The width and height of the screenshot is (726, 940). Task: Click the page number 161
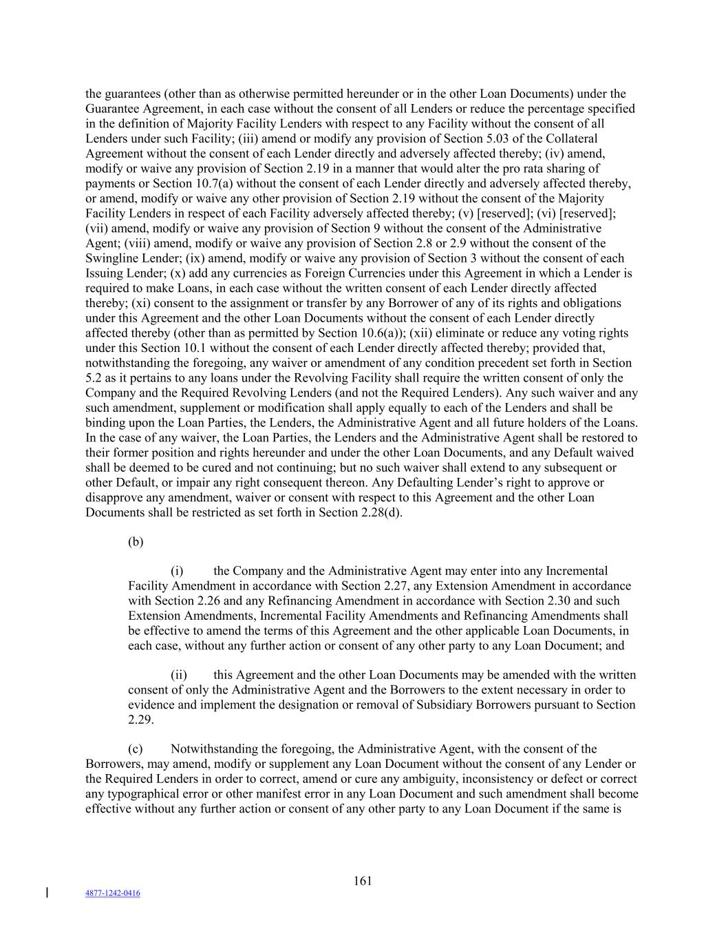(x=363, y=881)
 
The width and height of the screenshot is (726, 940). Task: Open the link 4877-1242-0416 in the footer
(x=113, y=893)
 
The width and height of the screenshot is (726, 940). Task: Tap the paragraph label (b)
(x=136, y=542)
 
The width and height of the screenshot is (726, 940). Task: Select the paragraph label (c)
(x=136, y=749)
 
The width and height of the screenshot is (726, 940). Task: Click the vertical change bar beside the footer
(x=46, y=893)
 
